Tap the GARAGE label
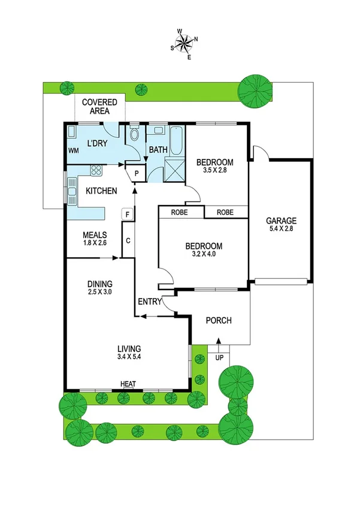tap(281, 220)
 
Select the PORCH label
tap(218, 320)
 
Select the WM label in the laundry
tap(74, 150)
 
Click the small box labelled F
tap(126, 213)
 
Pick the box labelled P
tap(137, 173)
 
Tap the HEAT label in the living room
tap(127, 384)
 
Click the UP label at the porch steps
tap(218, 358)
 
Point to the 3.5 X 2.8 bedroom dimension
tap(215, 171)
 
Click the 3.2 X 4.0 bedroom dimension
tap(204, 254)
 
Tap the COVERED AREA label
tap(99, 106)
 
